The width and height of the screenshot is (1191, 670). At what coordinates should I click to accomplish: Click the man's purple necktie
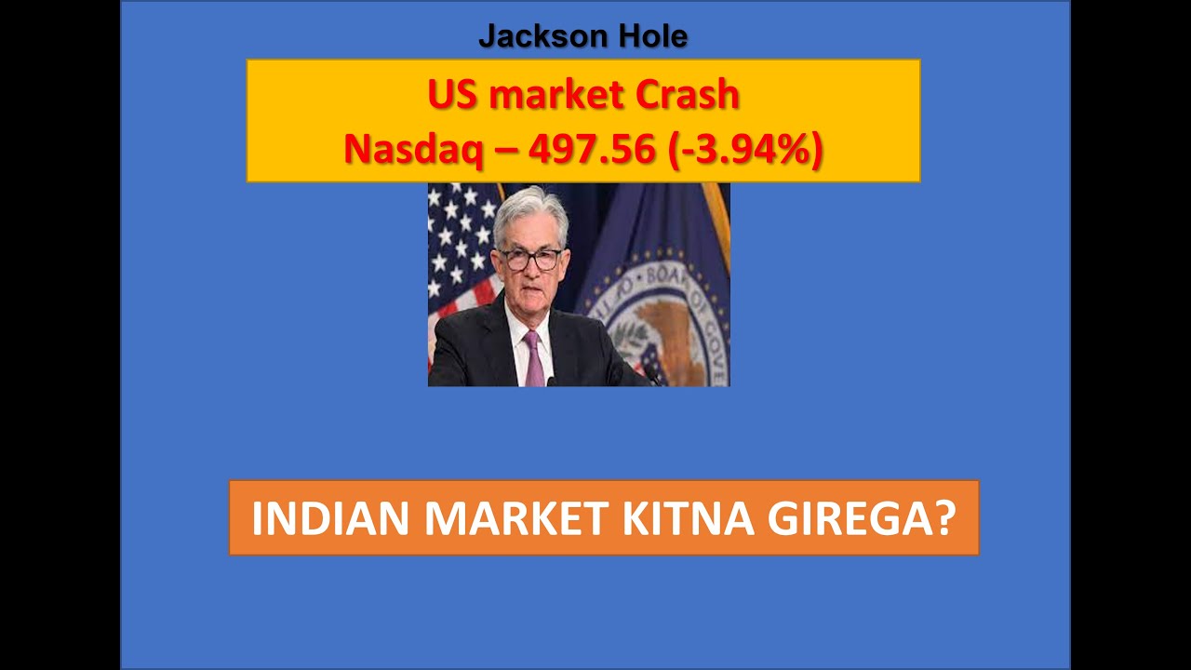click(x=534, y=358)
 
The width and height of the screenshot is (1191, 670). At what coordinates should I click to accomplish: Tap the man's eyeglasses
click(x=531, y=259)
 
